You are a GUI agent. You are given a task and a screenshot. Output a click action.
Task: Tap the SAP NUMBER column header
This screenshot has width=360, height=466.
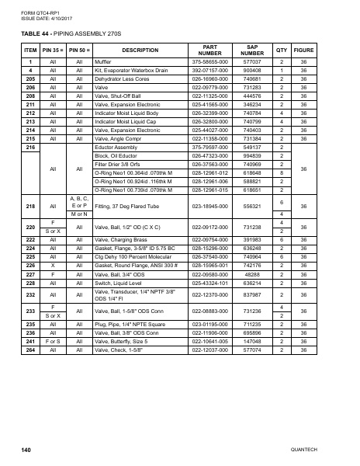(251, 50)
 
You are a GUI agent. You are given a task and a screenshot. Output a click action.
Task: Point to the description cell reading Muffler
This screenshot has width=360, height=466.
(103, 61)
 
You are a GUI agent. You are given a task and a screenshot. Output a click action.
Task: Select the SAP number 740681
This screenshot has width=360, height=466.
(251, 78)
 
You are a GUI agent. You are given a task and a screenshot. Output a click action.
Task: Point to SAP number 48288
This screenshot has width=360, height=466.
(251, 274)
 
